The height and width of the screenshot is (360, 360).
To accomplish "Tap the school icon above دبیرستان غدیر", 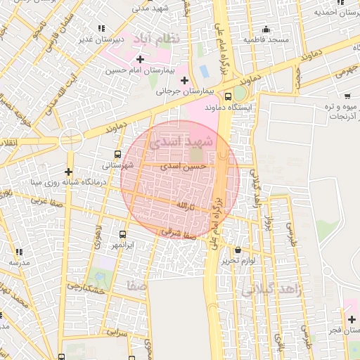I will [103, 28].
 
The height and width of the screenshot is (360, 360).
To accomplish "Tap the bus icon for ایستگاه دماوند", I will [228, 96].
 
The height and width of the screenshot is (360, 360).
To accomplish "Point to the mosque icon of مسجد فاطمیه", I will [266, 29].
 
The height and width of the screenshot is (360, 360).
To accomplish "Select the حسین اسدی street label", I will [184, 167].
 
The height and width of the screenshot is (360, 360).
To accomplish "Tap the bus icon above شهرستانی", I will [117, 154].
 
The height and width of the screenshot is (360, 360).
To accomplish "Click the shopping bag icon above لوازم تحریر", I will [238, 250].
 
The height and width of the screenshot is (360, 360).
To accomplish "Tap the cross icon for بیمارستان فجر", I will [351, 319].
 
